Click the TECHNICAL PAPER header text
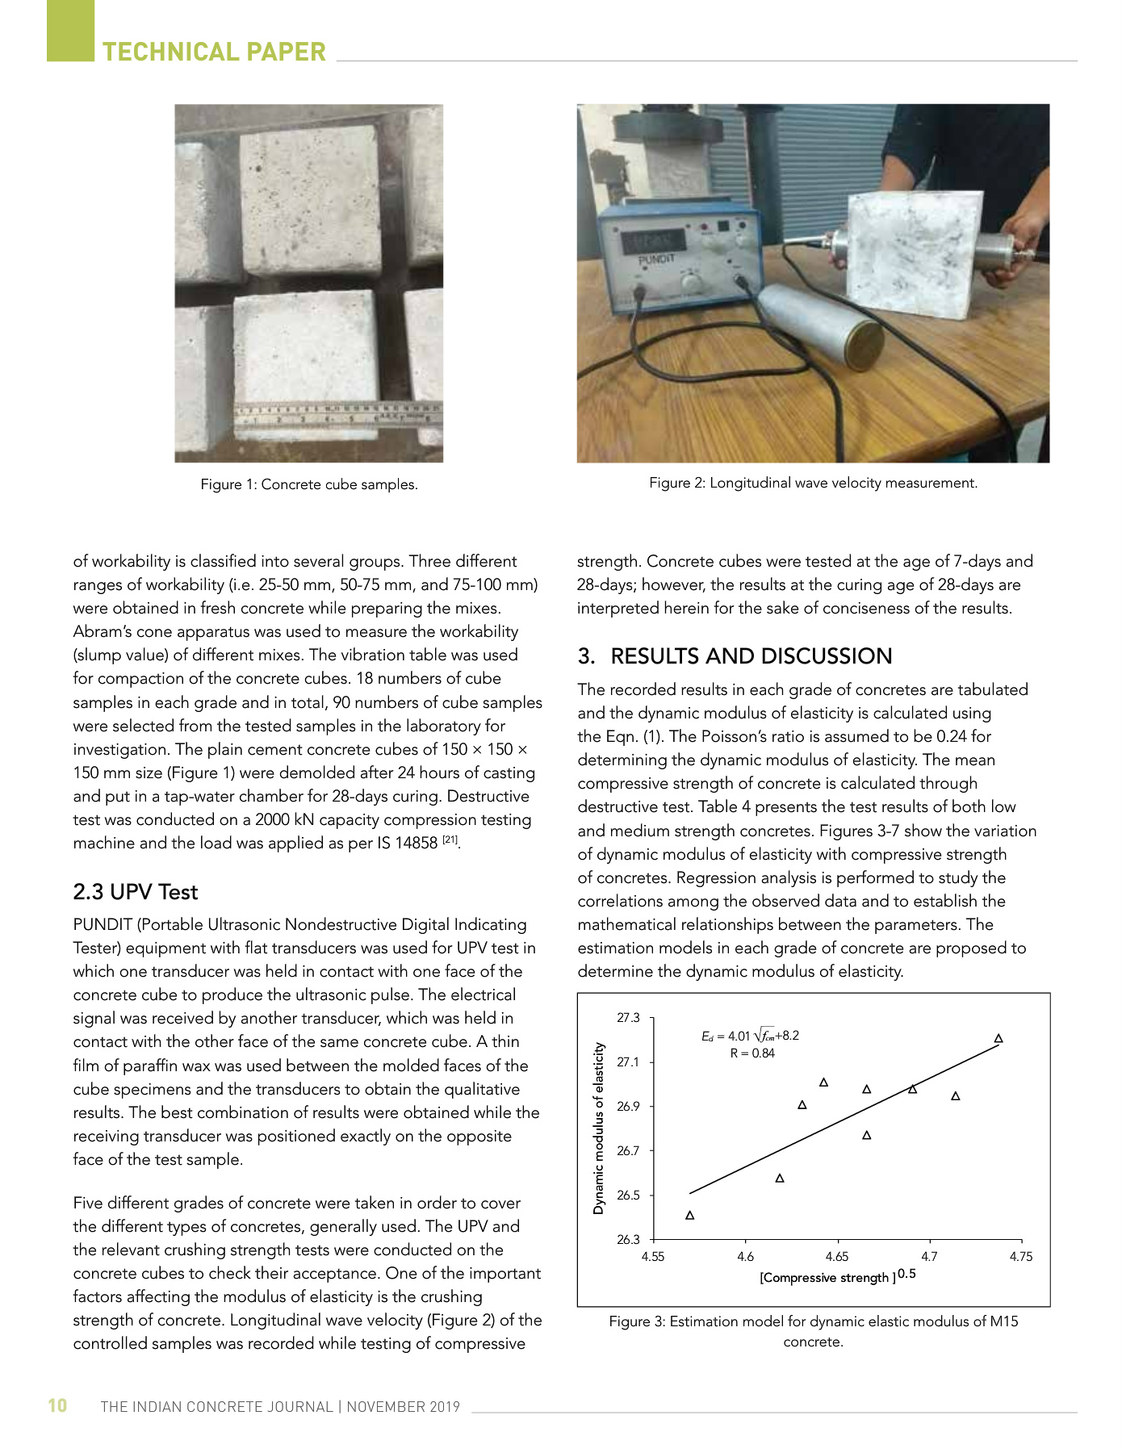(x=214, y=52)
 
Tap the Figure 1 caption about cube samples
(x=309, y=484)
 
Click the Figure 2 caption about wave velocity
(x=813, y=483)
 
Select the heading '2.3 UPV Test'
(x=135, y=892)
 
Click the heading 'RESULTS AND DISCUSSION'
(x=751, y=656)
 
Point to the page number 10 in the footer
(x=57, y=1405)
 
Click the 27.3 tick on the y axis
(x=628, y=1018)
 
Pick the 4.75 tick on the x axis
(x=1021, y=1256)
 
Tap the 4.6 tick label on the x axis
(x=745, y=1256)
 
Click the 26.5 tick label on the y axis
(x=628, y=1195)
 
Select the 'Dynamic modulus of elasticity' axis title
(x=599, y=1128)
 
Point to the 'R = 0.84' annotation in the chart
(x=751, y=1053)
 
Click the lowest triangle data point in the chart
(x=690, y=1215)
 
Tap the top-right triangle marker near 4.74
(x=998, y=1038)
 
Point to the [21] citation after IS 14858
(x=450, y=840)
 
